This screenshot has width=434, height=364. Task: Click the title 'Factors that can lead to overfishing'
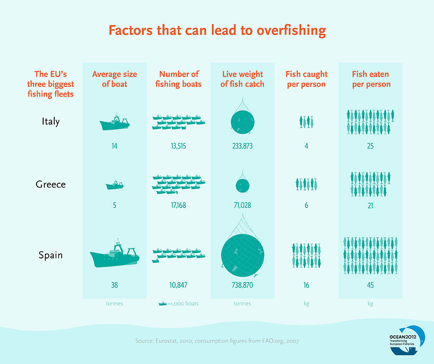point(217,30)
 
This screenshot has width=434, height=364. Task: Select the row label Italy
point(50,121)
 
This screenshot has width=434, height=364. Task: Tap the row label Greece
point(50,184)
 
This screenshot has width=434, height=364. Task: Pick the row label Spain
point(50,255)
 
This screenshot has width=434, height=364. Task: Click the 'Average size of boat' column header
point(114,79)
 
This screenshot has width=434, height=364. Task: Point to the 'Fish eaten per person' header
point(371,79)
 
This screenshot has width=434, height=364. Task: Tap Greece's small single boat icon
point(115,184)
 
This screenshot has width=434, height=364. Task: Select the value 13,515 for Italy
point(178,146)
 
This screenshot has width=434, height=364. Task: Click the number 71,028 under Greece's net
point(242,206)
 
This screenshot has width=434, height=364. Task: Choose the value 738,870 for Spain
point(242,285)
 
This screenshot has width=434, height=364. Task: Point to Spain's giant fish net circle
point(242,253)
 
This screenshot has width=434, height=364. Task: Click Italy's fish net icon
point(242,120)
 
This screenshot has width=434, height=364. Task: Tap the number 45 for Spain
point(370,285)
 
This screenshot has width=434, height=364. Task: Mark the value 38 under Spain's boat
point(114,285)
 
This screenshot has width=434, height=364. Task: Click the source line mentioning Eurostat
point(217,341)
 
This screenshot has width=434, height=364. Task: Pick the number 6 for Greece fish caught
point(306,206)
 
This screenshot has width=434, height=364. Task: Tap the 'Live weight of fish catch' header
point(242,79)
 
